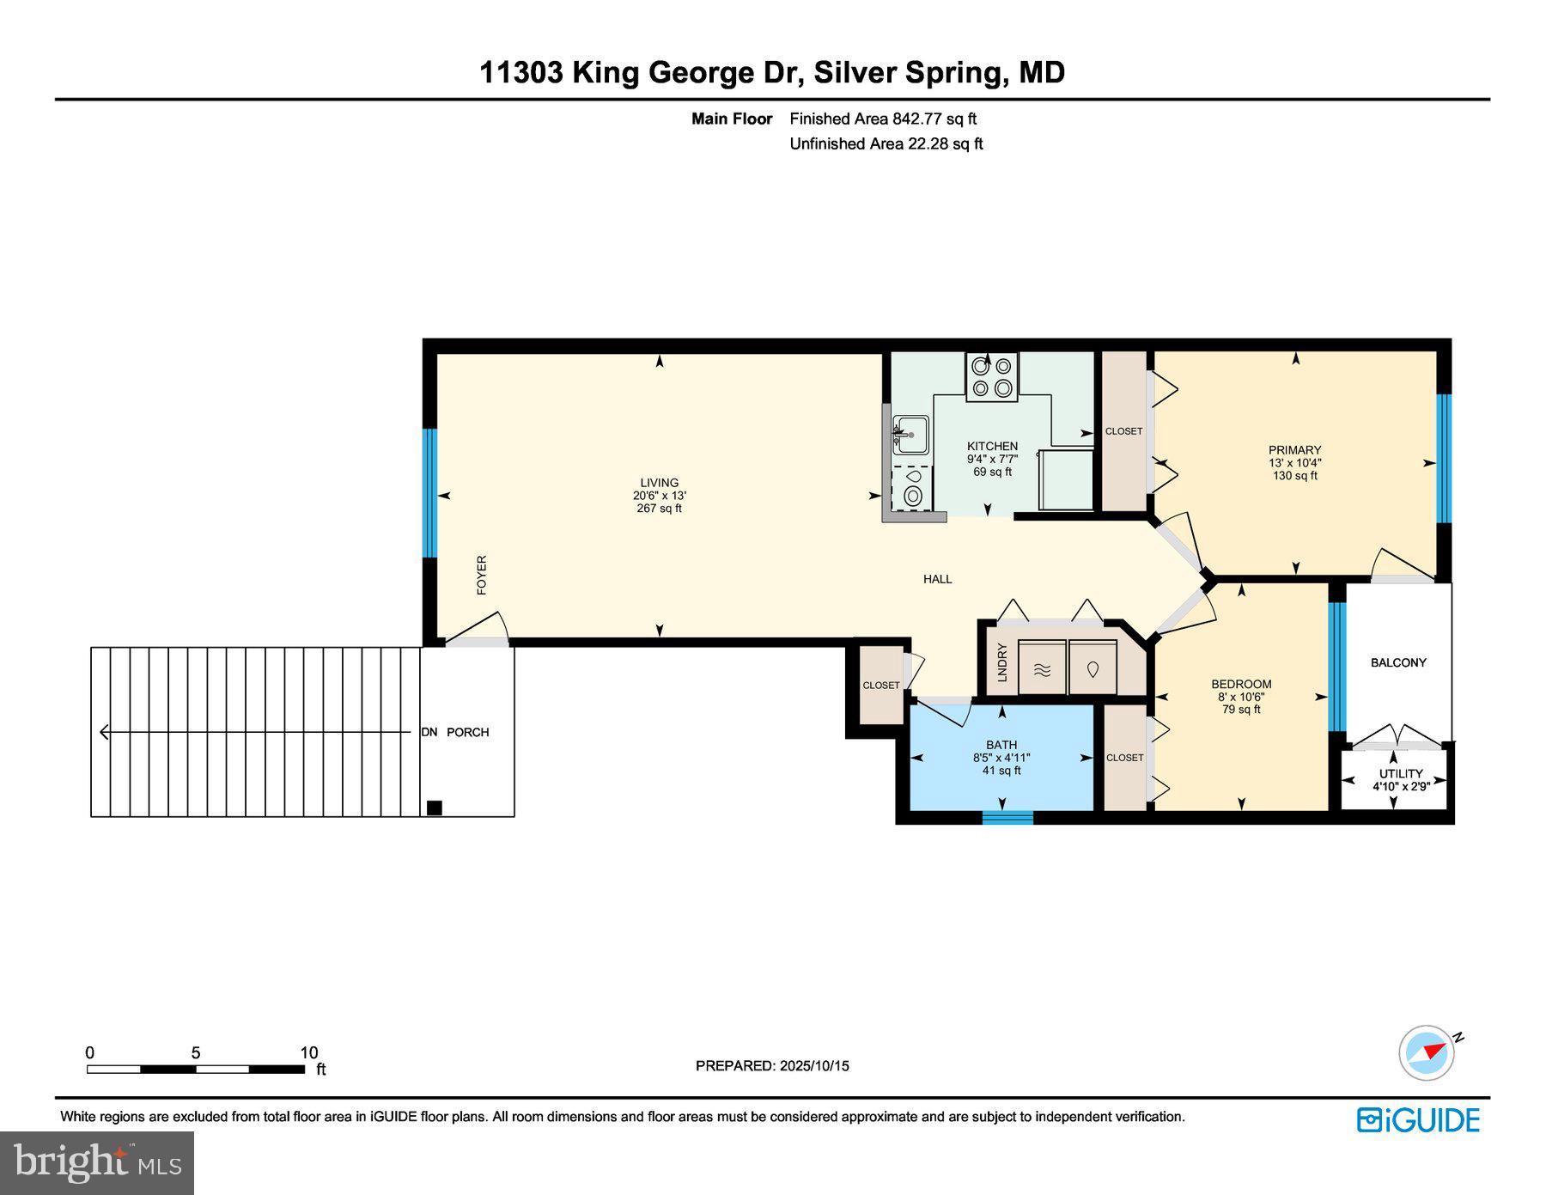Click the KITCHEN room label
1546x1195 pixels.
tap(992, 446)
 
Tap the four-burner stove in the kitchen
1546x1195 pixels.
tap(991, 377)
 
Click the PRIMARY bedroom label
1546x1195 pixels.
tap(1294, 450)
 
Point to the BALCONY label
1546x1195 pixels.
tap(1398, 662)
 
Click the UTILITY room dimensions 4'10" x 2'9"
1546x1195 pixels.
tap(1401, 786)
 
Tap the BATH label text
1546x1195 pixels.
tap(1001, 745)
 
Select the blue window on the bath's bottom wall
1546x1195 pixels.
tap(1007, 817)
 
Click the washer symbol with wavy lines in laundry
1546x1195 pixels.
tap(1042, 668)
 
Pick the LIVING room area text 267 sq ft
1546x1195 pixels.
tap(659, 509)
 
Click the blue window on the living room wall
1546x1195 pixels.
tap(430, 493)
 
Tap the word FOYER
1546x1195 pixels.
tap(482, 575)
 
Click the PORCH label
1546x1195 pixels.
tap(468, 732)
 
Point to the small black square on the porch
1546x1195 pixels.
tap(435, 808)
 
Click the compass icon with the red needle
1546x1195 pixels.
tap(1427, 1052)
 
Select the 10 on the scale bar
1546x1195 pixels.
tap(309, 1052)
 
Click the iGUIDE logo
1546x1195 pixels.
tap(1418, 1120)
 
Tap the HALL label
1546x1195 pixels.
tap(937, 579)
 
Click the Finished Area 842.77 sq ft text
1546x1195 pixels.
tap(883, 119)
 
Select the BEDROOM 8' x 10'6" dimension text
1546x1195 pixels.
tap(1241, 697)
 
